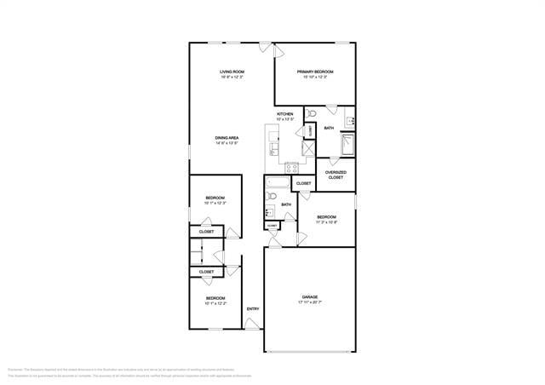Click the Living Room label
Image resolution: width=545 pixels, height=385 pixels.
[232, 72]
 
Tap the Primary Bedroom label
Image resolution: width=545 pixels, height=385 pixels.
[315, 72]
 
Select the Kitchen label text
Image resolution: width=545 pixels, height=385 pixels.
[285, 114]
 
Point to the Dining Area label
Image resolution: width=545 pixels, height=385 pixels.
[227, 137]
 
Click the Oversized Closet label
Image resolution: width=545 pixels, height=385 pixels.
[336, 175]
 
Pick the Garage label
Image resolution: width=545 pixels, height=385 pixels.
[310, 297]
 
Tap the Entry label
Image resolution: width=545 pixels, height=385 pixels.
[253, 308]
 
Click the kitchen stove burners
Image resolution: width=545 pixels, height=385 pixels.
[291, 168]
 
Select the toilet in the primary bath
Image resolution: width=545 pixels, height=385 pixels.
[312, 112]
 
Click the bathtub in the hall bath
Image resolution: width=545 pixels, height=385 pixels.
[278, 182]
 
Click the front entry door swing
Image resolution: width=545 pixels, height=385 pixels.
[250, 325]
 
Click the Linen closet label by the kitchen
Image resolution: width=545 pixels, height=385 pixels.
[310, 129]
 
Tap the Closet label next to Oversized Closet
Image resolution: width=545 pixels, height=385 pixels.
[304, 183]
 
